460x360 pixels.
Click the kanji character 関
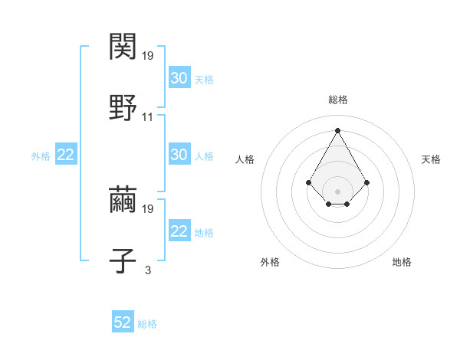(x=123, y=47)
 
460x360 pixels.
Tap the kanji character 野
(x=123, y=106)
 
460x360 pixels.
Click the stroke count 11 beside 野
(x=148, y=117)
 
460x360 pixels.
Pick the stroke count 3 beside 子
(x=148, y=270)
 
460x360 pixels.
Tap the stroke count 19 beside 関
(x=148, y=56)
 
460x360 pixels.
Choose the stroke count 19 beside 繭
(x=148, y=208)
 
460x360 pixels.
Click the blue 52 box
(x=123, y=322)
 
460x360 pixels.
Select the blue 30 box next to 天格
(x=179, y=77)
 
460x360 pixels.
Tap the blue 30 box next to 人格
(x=179, y=155)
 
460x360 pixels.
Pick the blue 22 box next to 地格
(x=179, y=231)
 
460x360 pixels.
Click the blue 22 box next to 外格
(x=66, y=155)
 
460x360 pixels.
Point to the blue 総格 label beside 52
(x=147, y=324)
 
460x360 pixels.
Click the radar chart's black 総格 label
(x=338, y=100)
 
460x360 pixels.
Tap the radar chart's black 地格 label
(x=402, y=262)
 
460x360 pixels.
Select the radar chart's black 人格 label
(x=245, y=159)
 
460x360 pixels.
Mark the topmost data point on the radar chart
(x=337, y=130)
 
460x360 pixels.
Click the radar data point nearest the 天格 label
(x=367, y=182)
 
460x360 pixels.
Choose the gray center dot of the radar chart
(x=337, y=191)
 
